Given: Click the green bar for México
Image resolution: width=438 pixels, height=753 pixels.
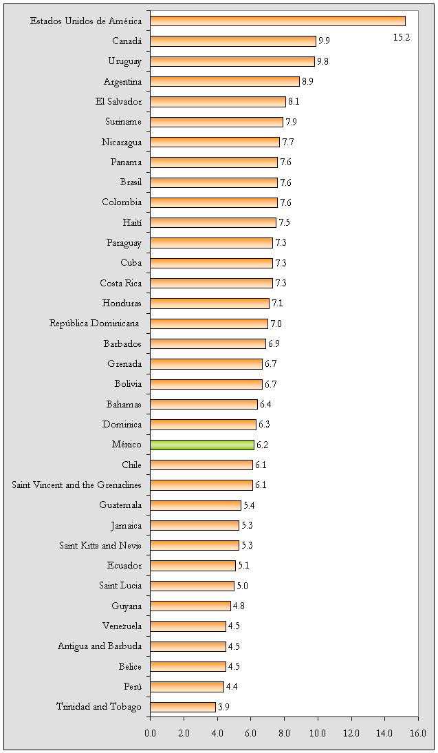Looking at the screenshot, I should click(201, 445).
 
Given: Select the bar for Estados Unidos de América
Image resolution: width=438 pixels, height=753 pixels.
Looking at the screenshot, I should click(277, 21).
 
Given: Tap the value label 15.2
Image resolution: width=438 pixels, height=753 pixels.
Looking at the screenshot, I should click(402, 37).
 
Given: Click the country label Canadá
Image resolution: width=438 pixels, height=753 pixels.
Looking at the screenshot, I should click(127, 41).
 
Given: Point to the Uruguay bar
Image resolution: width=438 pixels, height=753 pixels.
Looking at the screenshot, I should click(232, 61).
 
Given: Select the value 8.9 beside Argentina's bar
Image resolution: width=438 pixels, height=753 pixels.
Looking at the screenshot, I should click(308, 82).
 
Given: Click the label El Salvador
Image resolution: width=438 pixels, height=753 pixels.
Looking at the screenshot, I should click(119, 102).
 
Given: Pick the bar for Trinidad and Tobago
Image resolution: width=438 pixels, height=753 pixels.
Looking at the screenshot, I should click(182, 707).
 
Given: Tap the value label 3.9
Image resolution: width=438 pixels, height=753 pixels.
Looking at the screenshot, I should click(224, 707).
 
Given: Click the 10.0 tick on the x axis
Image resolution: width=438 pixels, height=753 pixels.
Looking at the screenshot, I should click(318, 733).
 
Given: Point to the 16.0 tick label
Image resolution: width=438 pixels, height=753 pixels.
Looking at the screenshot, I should click(418, 733).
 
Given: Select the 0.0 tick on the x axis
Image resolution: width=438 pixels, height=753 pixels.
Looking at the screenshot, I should click(150, 733).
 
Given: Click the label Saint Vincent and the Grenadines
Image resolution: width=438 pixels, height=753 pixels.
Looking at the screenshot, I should click(77, 485).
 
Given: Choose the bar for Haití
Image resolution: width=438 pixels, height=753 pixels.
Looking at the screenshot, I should click(212, 223).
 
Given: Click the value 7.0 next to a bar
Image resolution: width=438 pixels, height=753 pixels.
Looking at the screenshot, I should click(276, 324).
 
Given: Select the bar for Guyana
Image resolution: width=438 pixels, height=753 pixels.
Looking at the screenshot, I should click(190, 606).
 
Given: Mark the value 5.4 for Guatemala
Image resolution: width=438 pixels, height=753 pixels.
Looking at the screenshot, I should click(250, 505).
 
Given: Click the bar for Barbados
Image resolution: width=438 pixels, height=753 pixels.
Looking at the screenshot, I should click(208, 343).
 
